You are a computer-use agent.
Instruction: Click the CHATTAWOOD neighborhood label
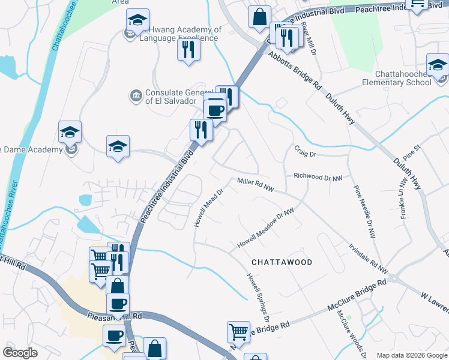pos(282,262)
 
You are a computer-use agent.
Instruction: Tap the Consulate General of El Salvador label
pos(171,97)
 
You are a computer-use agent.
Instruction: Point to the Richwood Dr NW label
pos(318,178)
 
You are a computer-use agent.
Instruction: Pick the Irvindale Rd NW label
pos(368,255)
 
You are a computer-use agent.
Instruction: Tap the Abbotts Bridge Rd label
pos(294,70)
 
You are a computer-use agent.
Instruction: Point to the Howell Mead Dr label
pos(208,208)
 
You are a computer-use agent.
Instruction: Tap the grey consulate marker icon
pos(136,95)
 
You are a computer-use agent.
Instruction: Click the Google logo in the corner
pos(20,353)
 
